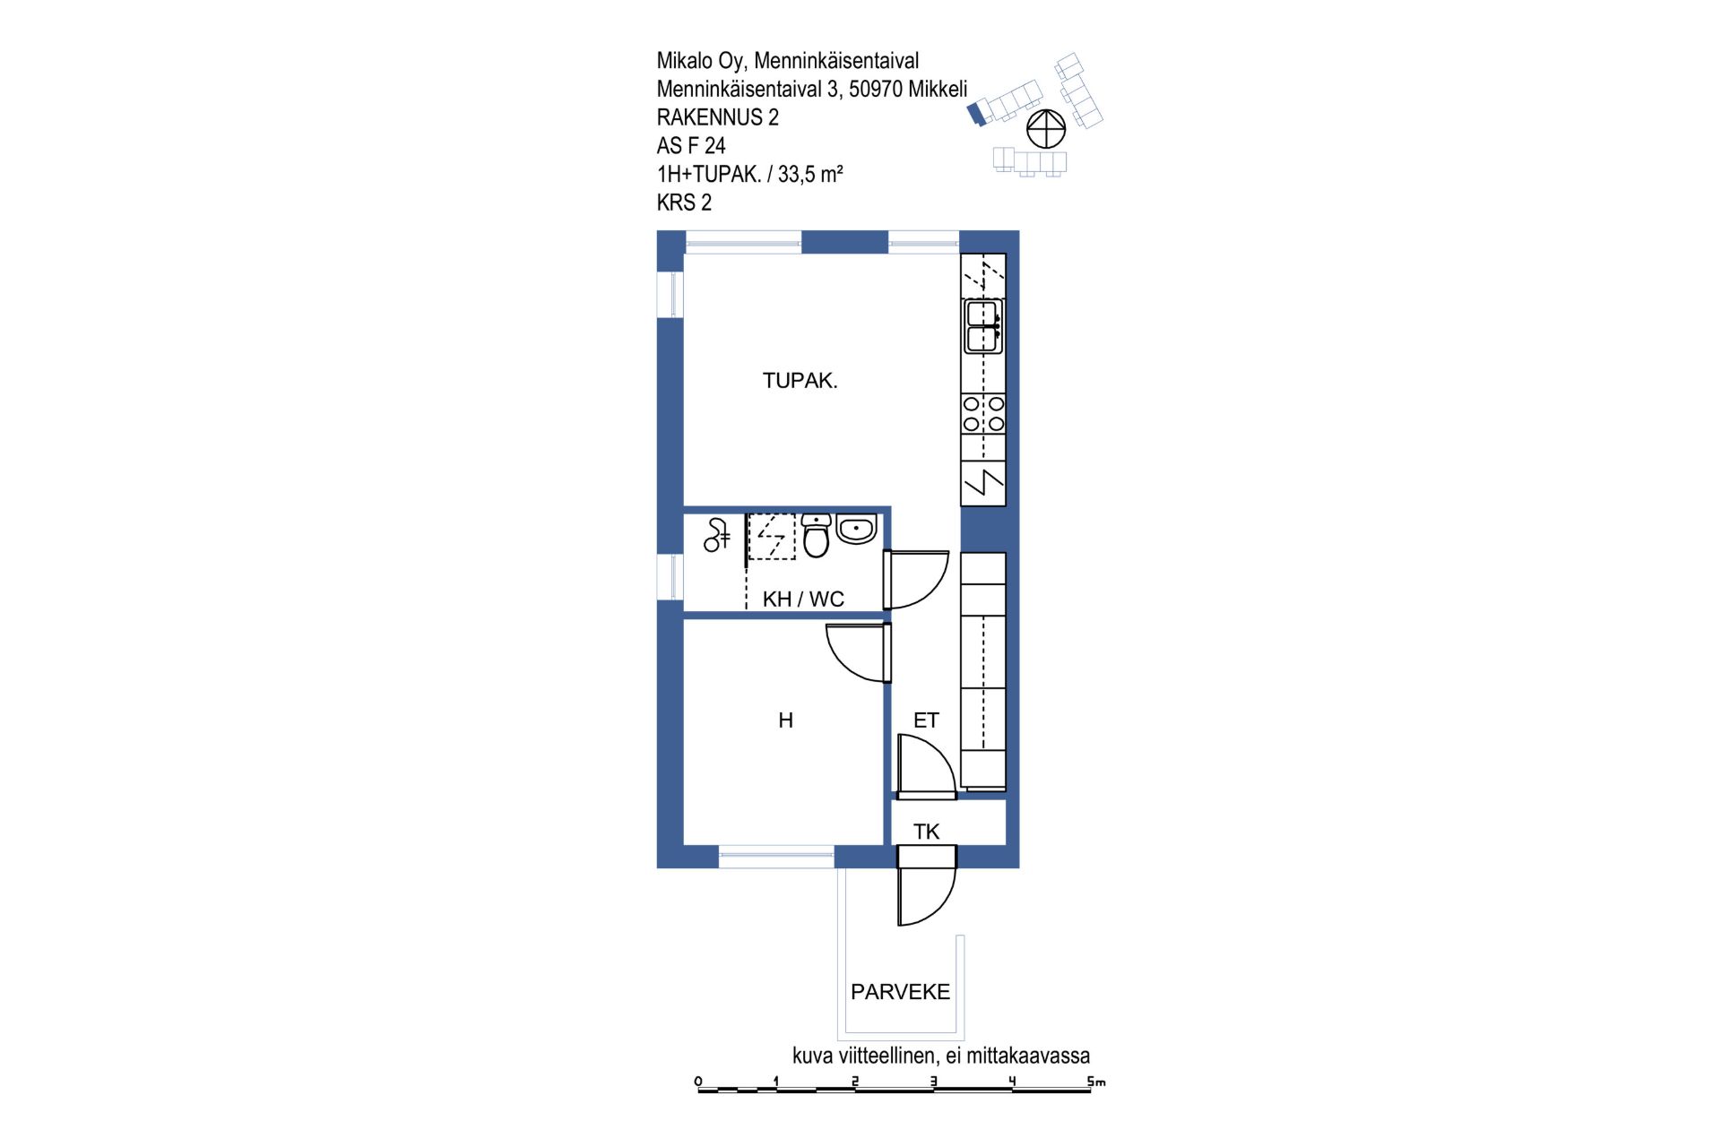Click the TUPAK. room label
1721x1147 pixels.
[x=800, y=381]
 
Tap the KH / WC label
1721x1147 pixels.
[x=803, y=599]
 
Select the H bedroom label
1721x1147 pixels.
[x=786, y=720]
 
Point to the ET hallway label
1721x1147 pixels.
[x=926, y=720]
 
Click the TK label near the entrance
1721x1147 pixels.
[x=926, y=832]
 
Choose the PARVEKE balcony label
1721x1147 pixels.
[x=900, y=992]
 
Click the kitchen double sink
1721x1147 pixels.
[x=983, y=326]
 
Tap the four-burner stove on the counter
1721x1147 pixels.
[x=983, y=414]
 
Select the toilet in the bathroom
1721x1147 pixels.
[x=816, y=535]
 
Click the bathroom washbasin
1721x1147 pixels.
[x=856, y=529]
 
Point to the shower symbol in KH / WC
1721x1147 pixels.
[x=716, y=535]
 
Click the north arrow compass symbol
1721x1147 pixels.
[x=1045, y=129]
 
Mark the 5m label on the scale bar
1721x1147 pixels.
[x=1096, y=1082]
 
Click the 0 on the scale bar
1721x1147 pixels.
[x=698, y=1081]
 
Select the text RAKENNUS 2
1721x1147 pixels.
[x=717, y=117]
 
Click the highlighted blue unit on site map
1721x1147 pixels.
[x=976, y=114]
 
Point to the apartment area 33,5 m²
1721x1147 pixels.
[x=810, y=174]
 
